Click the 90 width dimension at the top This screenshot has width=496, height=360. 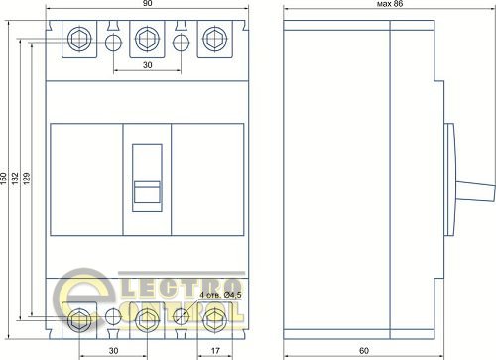click(146, 5)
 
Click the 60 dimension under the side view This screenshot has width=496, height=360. click(363, 349)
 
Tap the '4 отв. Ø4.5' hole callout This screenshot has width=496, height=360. click(219, 295)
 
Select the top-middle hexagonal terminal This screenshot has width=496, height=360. click(146, 41)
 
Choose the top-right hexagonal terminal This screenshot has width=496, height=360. click(212, 41)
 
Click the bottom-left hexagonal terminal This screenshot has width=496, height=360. click(78, 318)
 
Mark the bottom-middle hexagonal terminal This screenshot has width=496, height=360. click(146, 318)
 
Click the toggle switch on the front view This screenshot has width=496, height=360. click(146, 177)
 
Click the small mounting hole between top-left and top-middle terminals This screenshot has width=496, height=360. click(112, 42)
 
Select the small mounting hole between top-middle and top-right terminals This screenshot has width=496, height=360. click(181, 42)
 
